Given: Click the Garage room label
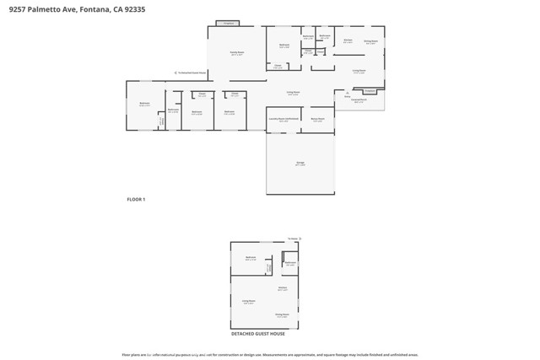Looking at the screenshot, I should tap(300, 163).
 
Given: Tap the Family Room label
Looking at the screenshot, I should tap(236, 53).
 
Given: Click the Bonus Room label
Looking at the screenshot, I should tap(317, 120).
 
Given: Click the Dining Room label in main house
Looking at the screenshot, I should tap(370, 41).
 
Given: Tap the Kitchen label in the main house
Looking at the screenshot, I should tap(348, 40).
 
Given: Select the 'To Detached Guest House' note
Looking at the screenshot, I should tap(191, 73).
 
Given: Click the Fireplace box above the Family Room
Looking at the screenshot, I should tap(228, 24).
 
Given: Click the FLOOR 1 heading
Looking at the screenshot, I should tap(136, 199).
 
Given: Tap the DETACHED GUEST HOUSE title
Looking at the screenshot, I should tap(258, 334).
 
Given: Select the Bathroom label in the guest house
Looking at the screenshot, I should tap(290, 264).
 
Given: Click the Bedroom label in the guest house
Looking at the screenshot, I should tap(250, 258).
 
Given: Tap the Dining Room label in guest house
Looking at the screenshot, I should tap(282, 315).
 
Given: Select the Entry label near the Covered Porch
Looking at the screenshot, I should tap(347, 96).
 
